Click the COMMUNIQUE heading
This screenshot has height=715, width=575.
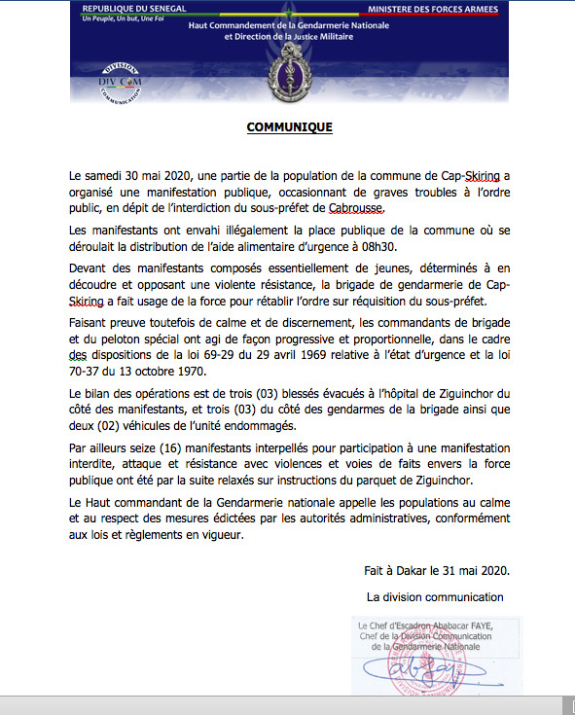tap(289, 127)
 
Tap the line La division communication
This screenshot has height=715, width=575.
tap(435, 596)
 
